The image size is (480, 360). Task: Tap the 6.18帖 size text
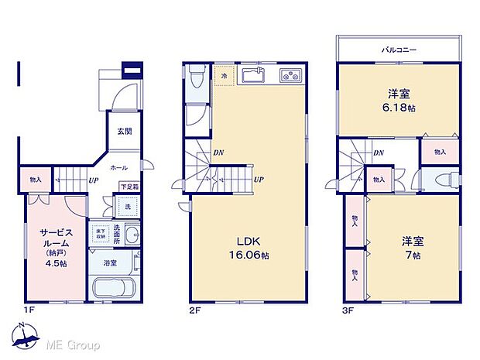(x=399, y=108)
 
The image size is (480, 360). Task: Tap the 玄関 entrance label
(x=125, y=131)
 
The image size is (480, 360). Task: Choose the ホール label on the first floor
(x=118, y=166)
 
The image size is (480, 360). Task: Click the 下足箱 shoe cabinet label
(x=129, y=187)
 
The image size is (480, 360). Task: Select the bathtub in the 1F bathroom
(x=114, y=290)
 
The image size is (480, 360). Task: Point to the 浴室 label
(x=111, y=262)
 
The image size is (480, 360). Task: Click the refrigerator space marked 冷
(x=225, y=77)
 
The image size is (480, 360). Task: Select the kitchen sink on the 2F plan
(x=253, y=75)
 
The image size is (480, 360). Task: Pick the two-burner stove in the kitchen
(x=292, y=76)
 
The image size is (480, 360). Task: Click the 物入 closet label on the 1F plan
(x=36, y=180)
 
